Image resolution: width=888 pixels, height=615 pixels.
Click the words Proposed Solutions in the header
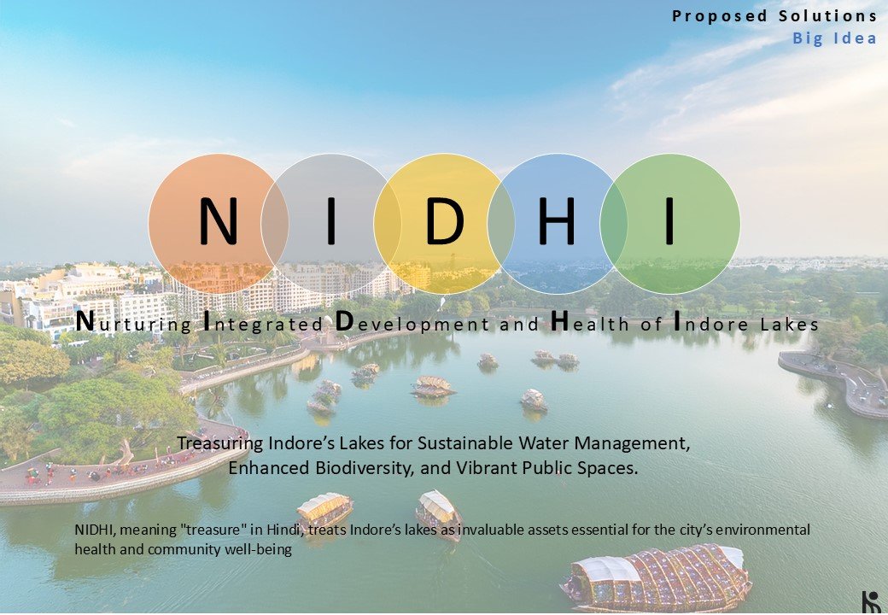tap(774, 16)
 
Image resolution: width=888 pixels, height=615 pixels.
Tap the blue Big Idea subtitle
tap(835, 38)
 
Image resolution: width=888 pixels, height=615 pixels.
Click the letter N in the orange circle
tap(218, 221)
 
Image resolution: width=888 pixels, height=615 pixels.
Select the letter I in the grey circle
tap(331, 221)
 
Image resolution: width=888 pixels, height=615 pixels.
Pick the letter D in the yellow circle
tap(445, 221)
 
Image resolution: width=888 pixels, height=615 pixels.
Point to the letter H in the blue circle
tap(557, 221)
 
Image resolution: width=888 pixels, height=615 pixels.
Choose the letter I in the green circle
tap(670, 221)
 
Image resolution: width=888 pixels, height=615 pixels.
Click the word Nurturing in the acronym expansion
tap(134, 322)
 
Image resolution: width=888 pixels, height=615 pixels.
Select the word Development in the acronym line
tap(412, 322)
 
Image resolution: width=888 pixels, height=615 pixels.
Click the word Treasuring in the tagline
tap(220, 442)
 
